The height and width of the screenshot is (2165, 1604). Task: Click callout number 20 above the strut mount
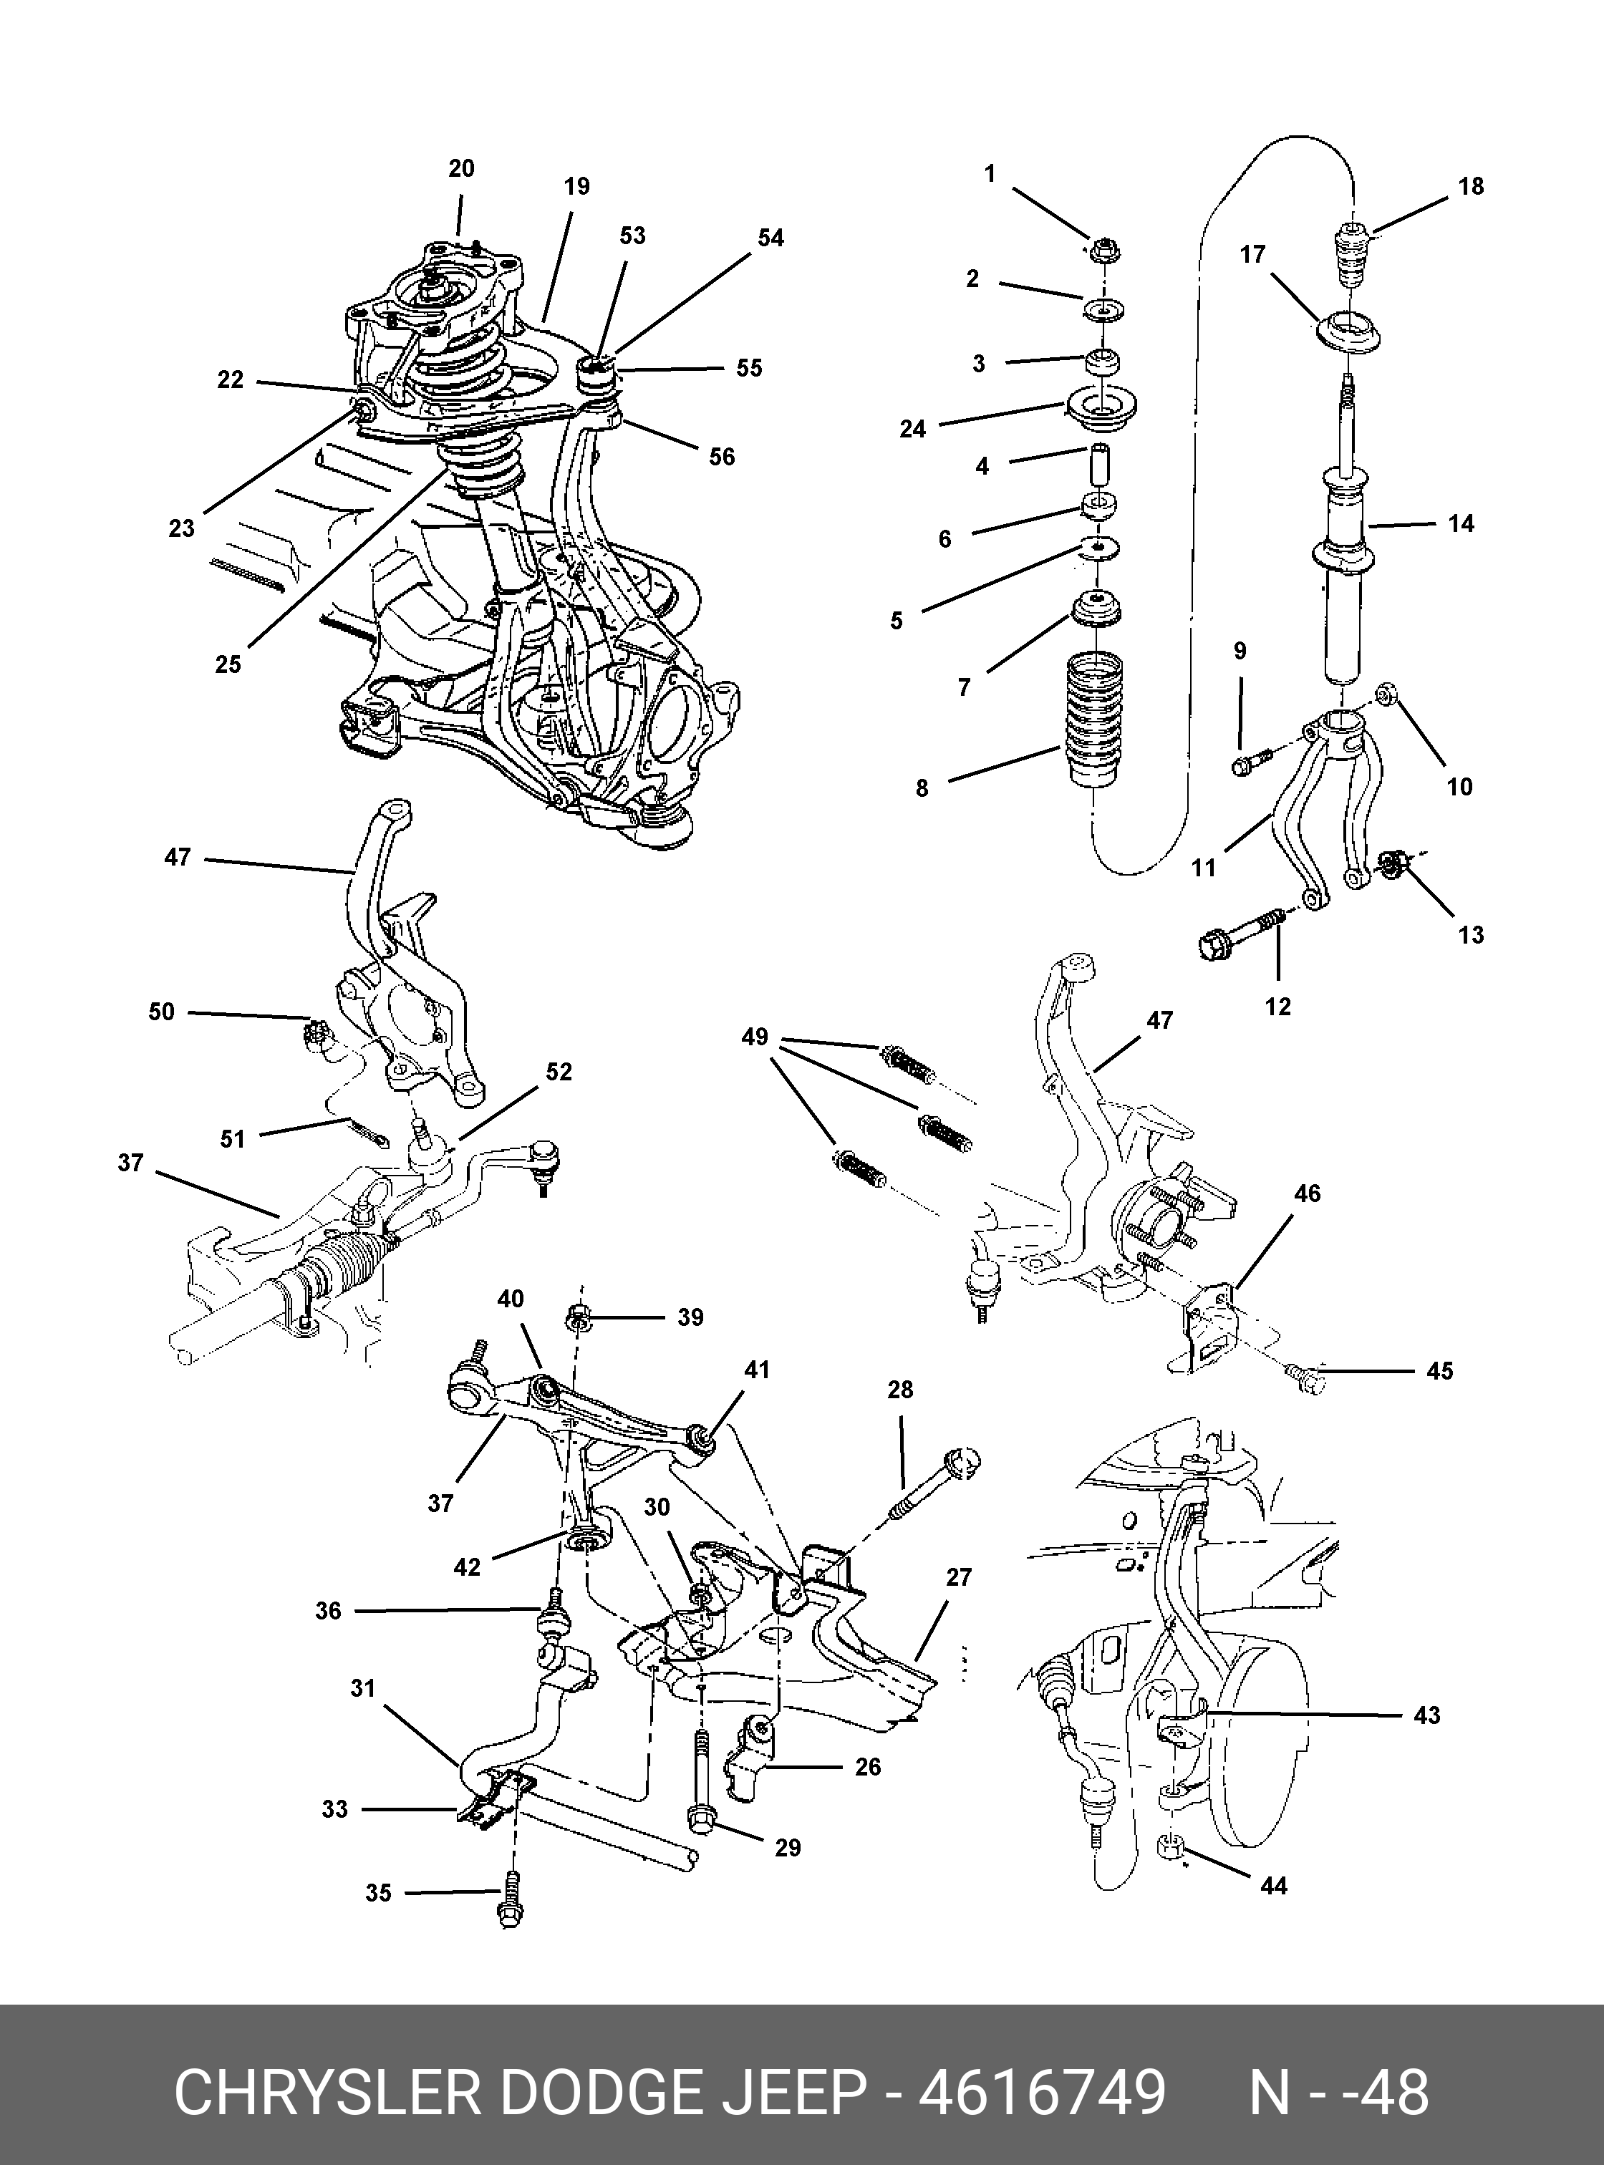point(461,169)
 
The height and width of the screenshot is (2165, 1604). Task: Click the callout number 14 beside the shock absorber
point(1459,524)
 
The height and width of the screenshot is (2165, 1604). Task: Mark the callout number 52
point(559,1072)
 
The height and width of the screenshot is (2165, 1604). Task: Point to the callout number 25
point(228,664)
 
